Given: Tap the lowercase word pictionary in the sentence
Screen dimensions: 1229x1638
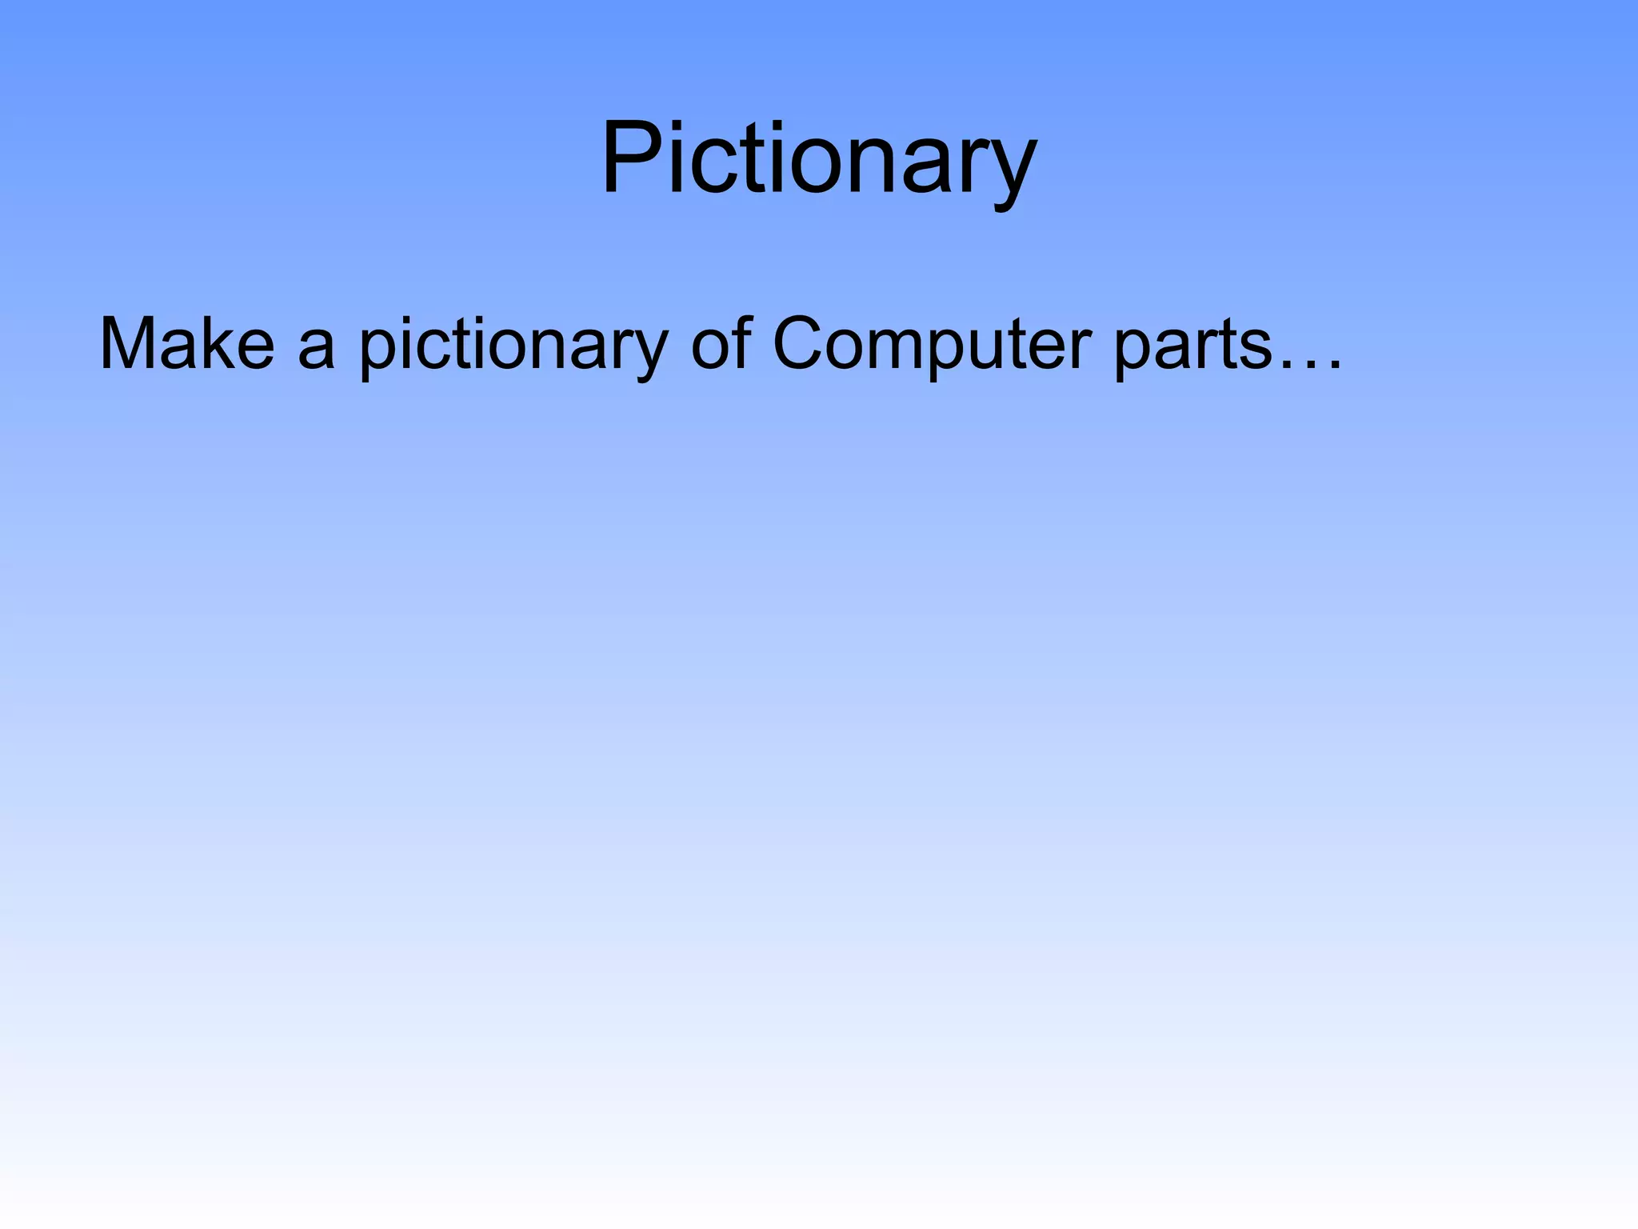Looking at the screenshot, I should (513, 346).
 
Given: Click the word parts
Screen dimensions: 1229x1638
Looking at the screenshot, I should (1192, 346).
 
